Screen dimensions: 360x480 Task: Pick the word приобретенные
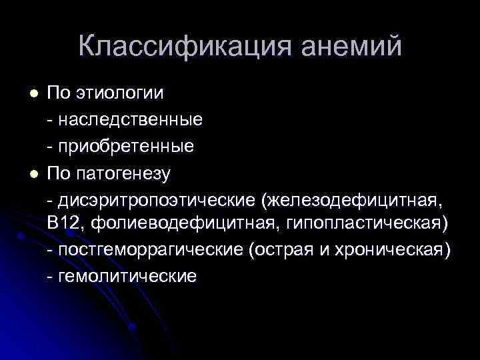126,146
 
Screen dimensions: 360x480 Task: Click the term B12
65,224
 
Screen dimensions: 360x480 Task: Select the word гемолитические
127,276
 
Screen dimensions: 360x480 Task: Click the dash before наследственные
51,121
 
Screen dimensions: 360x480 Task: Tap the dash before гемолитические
51,277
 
